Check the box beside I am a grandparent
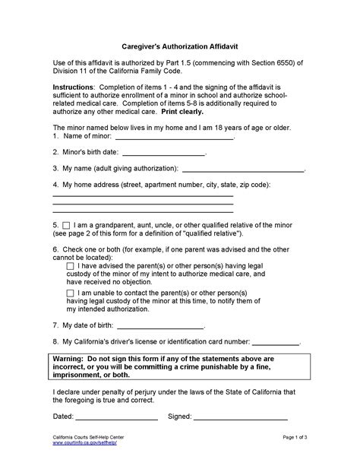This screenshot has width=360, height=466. pyautogui.click(x=66, y=226)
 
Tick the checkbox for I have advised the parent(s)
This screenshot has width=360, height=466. pyautogui.click(x=71, y=266)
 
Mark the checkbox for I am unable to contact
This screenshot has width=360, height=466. pyautogui.click(x=71, y=293)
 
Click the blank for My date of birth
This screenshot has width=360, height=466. pyautogui.click(x=144, y=325)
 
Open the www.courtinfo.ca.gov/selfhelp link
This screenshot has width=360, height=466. pyautogui.click(x=84, y=445)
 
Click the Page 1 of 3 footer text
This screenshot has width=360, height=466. pyautogui.click(x=289, y=439)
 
